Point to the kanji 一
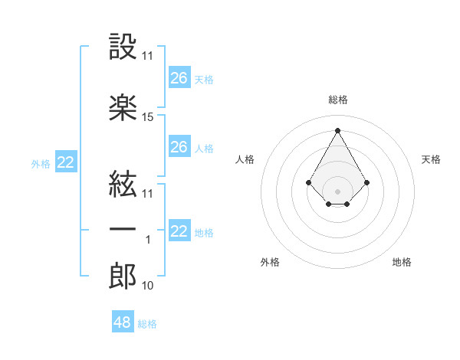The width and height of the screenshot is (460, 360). pos(123,230)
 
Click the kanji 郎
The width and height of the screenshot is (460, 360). pos(123,276)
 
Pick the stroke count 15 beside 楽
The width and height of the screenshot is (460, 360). pos(148,117)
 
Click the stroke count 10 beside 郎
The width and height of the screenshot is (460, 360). pos(148,286)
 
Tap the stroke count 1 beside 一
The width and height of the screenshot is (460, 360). pos(148,240)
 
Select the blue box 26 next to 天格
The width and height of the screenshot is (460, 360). pos(179,78)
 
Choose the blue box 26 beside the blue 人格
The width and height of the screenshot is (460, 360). pos(179,147)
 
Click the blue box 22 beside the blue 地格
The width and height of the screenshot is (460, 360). pos(179,231)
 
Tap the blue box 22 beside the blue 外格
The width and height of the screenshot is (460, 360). pos(66,162)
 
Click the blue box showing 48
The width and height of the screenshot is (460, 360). pos(123,322)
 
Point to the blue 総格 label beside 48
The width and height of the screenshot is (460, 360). pos(147,324)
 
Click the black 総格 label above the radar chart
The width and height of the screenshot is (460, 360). pos(338,100)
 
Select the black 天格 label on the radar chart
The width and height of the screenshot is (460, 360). pos(431,159)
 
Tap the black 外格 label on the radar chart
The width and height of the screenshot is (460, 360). pos(270,262)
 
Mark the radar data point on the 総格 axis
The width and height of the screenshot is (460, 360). pos(337,129)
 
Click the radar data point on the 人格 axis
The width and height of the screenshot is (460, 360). pos(308,182)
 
